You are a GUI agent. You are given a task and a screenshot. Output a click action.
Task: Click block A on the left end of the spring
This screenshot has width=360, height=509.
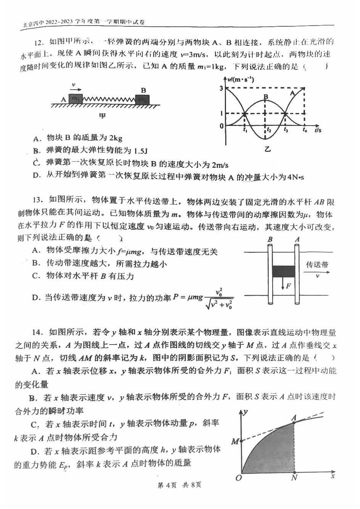[x=76, y=98]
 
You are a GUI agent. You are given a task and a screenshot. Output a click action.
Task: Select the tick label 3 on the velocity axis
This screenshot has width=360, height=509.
[x=221, y=88]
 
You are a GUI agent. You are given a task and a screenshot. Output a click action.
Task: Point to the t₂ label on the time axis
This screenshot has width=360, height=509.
[x=269, y=130]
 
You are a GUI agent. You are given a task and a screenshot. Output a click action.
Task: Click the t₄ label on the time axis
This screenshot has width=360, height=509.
[x=304, y=130]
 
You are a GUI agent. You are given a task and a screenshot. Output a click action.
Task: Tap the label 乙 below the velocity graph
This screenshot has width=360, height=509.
[x=267, y=149]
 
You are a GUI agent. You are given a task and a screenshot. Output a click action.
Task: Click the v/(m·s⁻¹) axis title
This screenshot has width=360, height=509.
[x=241, y=80]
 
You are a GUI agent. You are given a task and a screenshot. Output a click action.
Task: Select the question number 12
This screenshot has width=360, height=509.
[x=40, y=42]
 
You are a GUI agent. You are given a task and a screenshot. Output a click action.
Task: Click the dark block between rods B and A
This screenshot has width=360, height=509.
[x=283, y=271]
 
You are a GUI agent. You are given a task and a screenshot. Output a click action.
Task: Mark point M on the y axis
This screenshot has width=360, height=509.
[x=235, y=441]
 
